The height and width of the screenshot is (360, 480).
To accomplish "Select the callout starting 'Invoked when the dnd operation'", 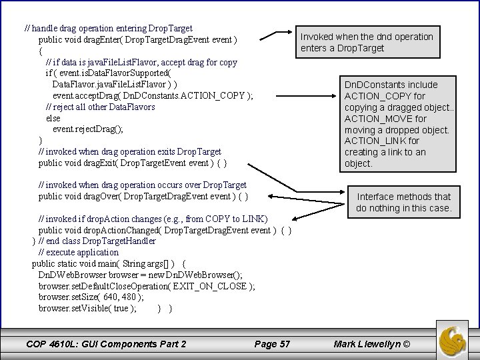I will pos(367,42).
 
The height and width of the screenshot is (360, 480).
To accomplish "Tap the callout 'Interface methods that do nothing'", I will pos(403,202).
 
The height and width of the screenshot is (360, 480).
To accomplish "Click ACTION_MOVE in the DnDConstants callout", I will pos(381,119).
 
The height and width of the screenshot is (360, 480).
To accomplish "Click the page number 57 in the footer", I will pos(273,344).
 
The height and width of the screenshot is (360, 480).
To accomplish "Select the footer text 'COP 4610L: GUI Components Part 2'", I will pos(106,344).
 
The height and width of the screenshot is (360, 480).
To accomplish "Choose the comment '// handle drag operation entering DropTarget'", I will pos(108,29).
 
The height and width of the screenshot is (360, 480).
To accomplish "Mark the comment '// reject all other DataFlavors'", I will pos(100,107).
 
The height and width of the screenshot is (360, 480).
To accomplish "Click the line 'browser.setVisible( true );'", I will pos(87,309).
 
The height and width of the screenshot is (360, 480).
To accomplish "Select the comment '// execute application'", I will pos(78,252).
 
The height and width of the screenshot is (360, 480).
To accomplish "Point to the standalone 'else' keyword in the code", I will pos(53,118).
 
